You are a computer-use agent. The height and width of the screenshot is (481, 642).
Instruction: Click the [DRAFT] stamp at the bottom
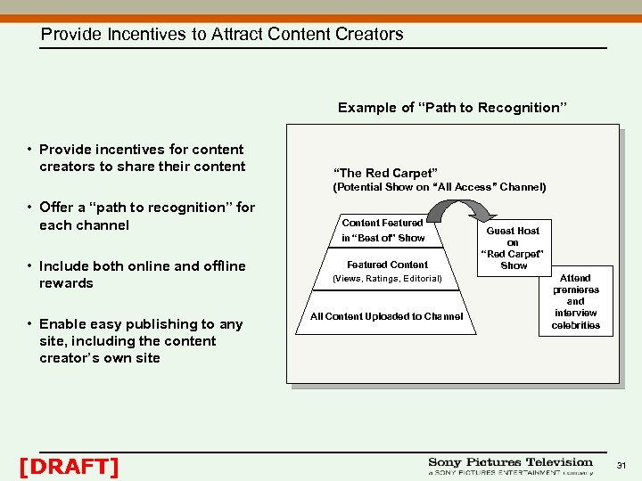[69, 466]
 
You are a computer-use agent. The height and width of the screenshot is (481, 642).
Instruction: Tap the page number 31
[622, 466]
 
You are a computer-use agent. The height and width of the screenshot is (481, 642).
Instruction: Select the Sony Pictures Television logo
[510, 466]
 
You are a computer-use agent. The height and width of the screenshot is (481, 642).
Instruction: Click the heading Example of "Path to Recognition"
[452, 108]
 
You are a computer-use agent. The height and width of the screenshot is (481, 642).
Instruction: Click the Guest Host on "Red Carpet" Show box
[514, 248]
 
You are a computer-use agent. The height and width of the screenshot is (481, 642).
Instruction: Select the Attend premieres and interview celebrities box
[575, 302]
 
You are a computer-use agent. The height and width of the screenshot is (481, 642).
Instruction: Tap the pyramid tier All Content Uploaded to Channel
[386, 316]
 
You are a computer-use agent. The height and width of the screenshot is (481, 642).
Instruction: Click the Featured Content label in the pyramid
[387, 265]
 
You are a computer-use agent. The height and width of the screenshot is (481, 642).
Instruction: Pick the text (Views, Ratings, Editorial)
[387, 279]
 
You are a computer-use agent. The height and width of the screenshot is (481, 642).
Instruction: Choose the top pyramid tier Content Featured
[383, 223]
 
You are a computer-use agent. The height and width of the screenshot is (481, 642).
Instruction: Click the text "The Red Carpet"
[384, 173]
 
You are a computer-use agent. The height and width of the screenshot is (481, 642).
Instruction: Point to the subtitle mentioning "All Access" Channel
[439, 187]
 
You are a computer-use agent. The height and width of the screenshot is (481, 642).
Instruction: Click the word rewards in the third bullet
[66, 283]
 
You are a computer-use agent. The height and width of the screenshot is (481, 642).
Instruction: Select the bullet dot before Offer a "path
[29, 208]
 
